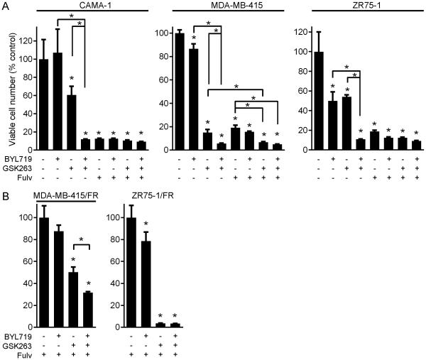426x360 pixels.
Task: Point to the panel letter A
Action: [6, 6]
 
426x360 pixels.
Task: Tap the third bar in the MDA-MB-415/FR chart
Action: [75, 298]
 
